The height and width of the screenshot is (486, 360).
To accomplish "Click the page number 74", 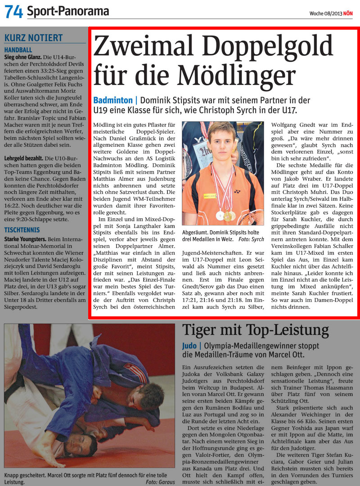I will pos(13,11).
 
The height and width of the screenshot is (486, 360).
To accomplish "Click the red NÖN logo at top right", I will pos(348,13).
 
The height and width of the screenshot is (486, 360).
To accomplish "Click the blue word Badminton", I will pos(112,100).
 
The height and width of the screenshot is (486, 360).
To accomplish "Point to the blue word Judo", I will pos(189,346).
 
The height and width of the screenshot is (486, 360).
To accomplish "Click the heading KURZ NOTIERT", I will pos(33,38).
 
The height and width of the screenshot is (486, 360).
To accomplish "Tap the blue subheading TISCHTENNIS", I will pos(21,229).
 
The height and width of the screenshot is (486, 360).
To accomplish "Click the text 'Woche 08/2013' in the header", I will pos(325,13).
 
